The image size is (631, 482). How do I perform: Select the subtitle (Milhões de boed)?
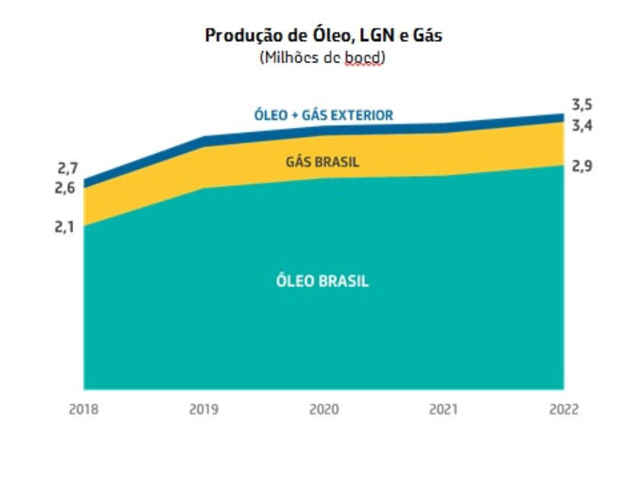(x=322, y=57)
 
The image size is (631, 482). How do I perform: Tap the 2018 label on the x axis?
(x=84, y=410)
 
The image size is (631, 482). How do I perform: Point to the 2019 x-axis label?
(x=203, y=410)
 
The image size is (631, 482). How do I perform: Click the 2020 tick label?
(x=324, y=410)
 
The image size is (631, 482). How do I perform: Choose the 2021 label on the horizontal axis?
(x=444, y=410)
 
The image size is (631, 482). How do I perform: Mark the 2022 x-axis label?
(x=563, y=410)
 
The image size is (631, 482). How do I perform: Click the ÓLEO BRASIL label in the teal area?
(x=322, y=281)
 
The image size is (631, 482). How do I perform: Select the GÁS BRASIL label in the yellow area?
(x=322, y=162)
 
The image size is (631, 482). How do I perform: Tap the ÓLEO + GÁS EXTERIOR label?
(x=323, y=116)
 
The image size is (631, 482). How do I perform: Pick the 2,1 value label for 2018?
(x=67, y=226)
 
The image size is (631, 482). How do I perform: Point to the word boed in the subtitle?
(x=364, y=57)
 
